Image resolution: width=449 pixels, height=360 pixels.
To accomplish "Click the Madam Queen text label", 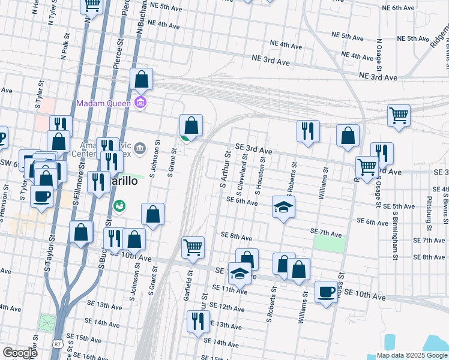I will click(x=104, y=103).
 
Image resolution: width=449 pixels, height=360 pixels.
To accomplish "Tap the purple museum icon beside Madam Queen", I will click(x=140, y=103).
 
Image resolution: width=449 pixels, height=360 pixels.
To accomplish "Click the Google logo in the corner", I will click(x=20, y=353).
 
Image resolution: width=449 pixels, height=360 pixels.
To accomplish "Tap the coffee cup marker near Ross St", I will click(x=326, y=292).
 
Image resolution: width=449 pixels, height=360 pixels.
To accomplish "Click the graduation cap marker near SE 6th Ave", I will click(x=284, y=208).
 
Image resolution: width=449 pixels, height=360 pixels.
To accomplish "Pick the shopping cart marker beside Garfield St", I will click(x=193, y=247).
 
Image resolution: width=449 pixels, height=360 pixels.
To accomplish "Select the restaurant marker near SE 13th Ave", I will click(x=197, y=321).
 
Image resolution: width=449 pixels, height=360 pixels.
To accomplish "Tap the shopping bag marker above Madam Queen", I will click(x=141, y=79).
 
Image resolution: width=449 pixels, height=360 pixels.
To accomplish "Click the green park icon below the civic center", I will click(x=119, y=206).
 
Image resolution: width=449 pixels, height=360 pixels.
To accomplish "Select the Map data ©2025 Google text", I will click(x=412, y=355).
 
